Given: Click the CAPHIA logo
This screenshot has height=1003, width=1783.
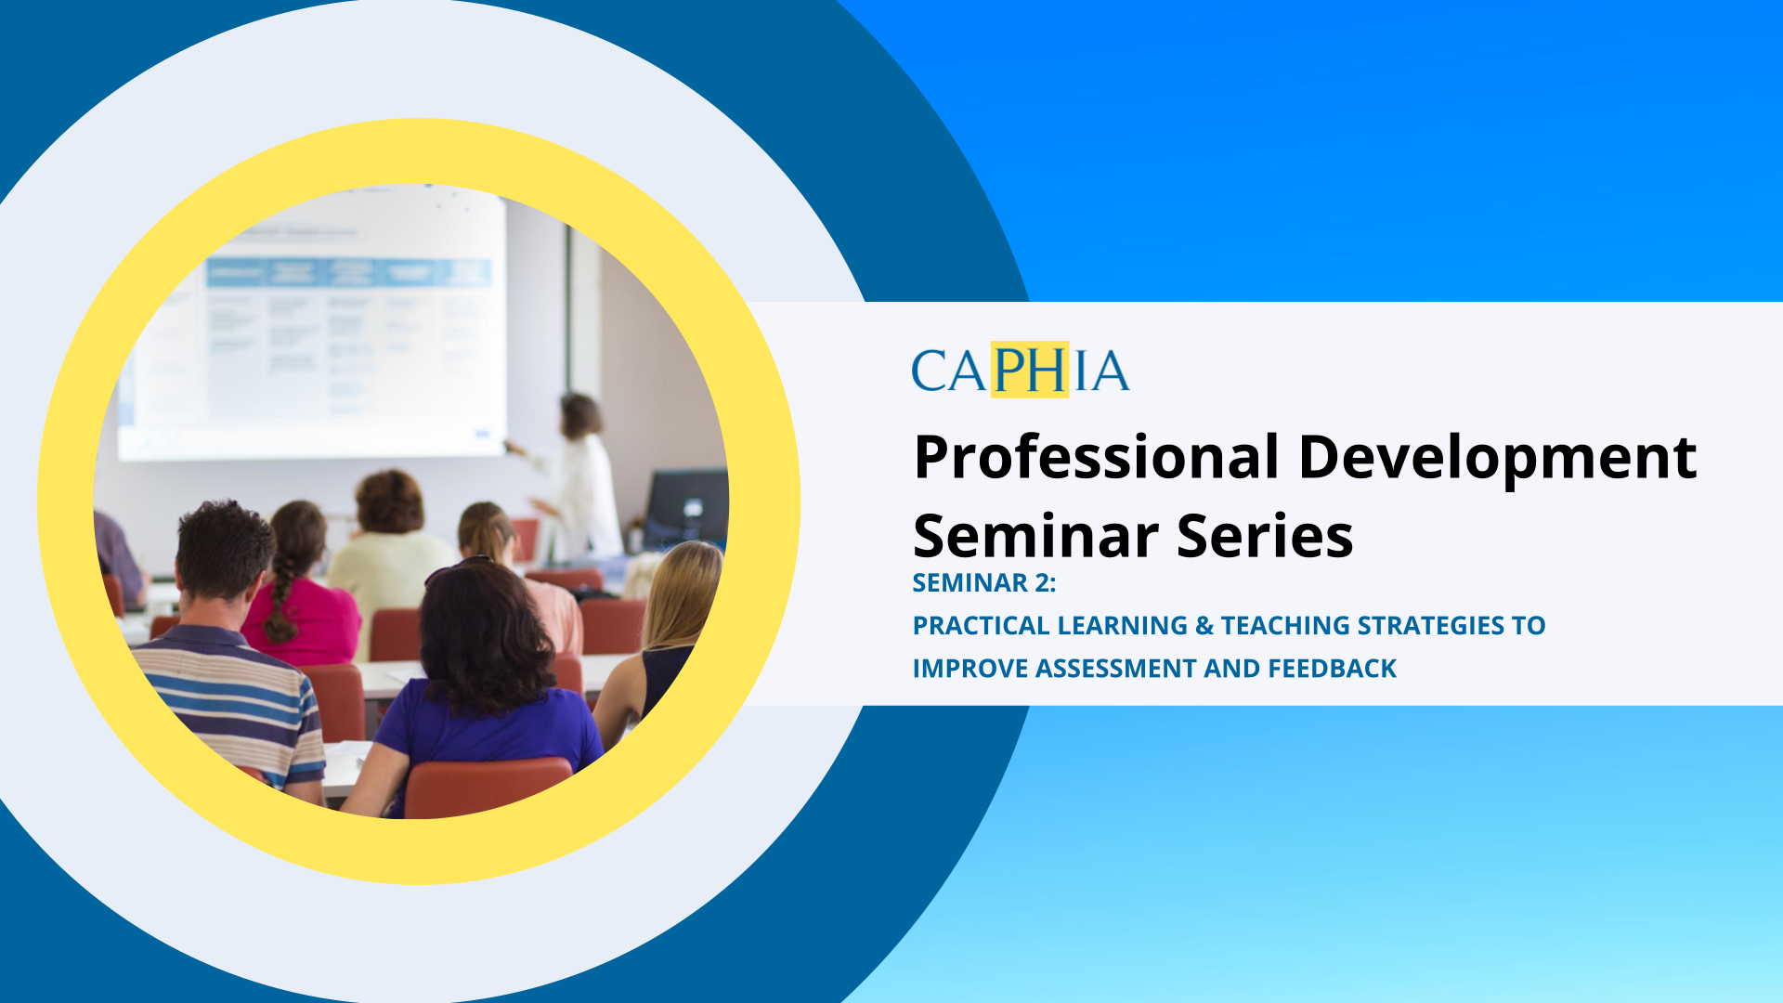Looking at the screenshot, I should click(x=1020, y=371).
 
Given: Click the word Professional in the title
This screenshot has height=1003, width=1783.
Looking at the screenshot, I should click(x=1097, y=457).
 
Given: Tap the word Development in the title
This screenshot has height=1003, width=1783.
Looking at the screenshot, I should click(x=1497, y=457).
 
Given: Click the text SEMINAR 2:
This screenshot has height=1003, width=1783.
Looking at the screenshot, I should click(x=984, y=583).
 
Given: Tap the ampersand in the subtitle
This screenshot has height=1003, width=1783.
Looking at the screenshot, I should click(x=1204, y=626).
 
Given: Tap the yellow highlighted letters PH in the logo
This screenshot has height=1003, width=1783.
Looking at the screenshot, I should click(x=1029, y=371).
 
